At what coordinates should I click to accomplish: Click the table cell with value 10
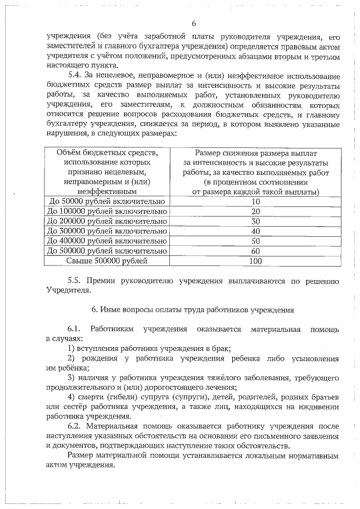(256, 201)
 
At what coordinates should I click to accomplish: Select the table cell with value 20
(256, 211)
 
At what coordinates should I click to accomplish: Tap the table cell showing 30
(256, 221)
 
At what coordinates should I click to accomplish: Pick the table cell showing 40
(256, 231)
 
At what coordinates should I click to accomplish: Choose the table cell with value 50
(256, 241)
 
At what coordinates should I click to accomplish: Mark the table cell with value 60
(256, 251)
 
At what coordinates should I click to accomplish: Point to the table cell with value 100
(256, 261)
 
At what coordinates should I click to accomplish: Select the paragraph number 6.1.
(74, 329)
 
